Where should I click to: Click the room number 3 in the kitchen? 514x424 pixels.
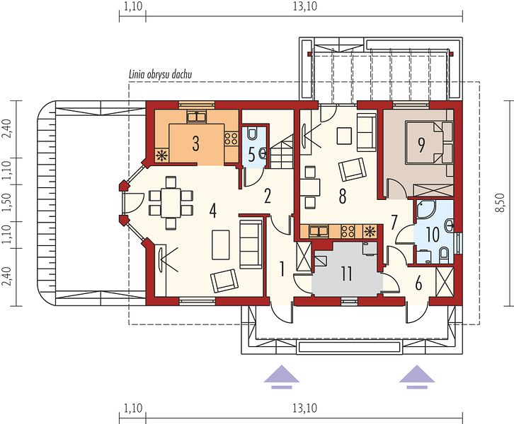[x=195, y=143]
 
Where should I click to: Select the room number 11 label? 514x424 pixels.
[x=346, y=274]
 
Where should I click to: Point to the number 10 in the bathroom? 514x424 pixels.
[x=433, y=234]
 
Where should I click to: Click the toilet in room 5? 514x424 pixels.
[x=252, y=133]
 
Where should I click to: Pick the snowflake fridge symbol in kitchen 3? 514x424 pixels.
[x=162, y=155]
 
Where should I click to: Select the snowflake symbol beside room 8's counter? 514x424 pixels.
[x=370, y=231]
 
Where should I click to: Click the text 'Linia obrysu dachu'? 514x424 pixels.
[x=160, y=75]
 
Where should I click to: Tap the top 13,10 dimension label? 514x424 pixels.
[x=305, y=6]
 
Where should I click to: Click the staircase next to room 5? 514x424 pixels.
[x=282, y=151]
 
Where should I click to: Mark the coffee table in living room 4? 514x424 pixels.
[x=221, y=245]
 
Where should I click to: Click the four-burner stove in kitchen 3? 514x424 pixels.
[x=231, y=139]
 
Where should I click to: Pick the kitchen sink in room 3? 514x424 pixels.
[x=196, y=117]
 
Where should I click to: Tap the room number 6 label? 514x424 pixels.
[x=418, y=283]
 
